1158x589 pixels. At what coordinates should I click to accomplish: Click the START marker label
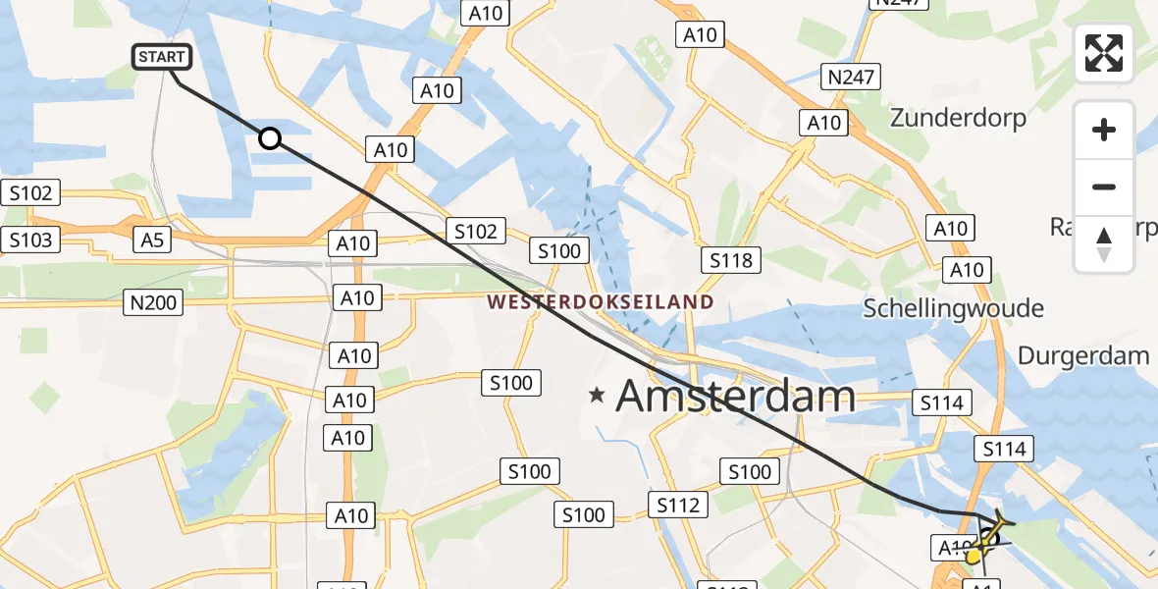pos(162,57)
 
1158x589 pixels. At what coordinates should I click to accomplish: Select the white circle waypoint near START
pos(270,138)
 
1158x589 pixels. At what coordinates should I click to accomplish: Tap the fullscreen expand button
pos(1104,53)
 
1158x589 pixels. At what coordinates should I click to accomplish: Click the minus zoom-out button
pos(1104,187)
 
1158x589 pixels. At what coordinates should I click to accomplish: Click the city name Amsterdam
pos(735,396)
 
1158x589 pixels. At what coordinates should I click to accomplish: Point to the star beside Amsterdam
pos(597,396)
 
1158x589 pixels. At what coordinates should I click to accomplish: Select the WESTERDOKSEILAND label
pos(601,302)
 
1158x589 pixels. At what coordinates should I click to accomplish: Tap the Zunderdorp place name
pos(958,118)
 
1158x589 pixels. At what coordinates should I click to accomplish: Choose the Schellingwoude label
pos(953,308)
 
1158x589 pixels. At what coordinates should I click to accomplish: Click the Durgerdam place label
pos(1083,355)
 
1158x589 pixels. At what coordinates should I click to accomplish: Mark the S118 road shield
pos(731,260)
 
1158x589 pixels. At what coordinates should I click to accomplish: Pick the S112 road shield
pos(678,505)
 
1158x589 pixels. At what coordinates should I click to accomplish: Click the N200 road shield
pos(154,302)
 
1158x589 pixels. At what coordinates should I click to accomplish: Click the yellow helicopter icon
pos(986,538)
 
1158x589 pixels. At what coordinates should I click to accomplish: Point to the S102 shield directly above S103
pos(30,192)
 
